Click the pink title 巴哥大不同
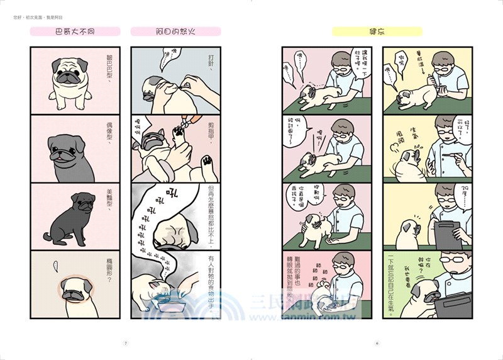(74, 31)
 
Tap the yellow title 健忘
(377, 31)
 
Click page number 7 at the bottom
(126, 343)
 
